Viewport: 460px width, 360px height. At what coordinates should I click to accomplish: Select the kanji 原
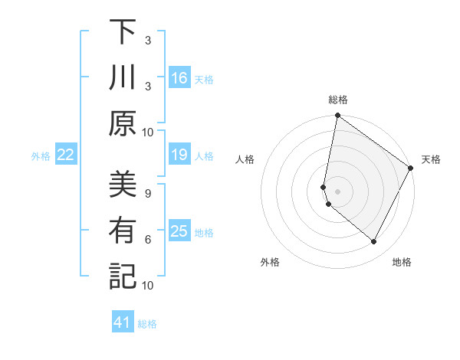(123, 123)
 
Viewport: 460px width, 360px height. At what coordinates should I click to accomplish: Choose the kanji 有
(123, 231)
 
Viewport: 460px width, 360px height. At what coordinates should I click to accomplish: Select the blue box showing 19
(179, 155)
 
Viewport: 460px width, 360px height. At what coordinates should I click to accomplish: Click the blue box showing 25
(179, 231)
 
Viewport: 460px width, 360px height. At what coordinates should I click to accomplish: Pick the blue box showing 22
(65, 155)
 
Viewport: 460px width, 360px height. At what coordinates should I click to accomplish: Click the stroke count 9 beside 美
(148, 194)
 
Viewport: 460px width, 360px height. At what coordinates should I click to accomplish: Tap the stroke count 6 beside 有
(148, 240)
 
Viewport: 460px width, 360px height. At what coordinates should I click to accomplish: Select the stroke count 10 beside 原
(148, 132)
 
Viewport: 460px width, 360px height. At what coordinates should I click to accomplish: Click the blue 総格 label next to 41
(147, 324)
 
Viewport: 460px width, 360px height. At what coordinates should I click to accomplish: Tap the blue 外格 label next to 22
(41, 156)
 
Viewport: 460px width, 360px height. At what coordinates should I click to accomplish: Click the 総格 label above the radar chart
(338, 100)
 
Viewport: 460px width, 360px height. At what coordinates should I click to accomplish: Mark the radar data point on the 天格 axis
(411, 169)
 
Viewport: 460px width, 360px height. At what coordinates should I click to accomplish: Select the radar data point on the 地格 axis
(374, 242)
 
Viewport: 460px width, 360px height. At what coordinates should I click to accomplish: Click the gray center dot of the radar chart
(337, 190)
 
